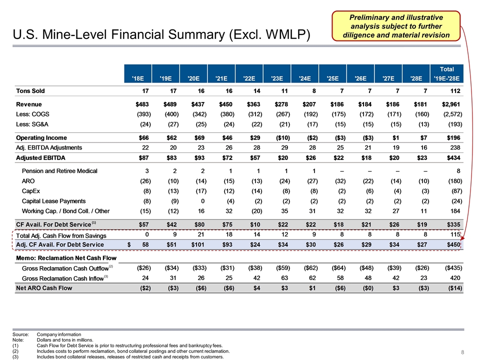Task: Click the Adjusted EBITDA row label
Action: [42, 158]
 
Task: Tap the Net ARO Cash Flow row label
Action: [45, 288]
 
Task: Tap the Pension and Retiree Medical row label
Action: [59, 171]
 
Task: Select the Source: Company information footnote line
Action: [47, 333]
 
